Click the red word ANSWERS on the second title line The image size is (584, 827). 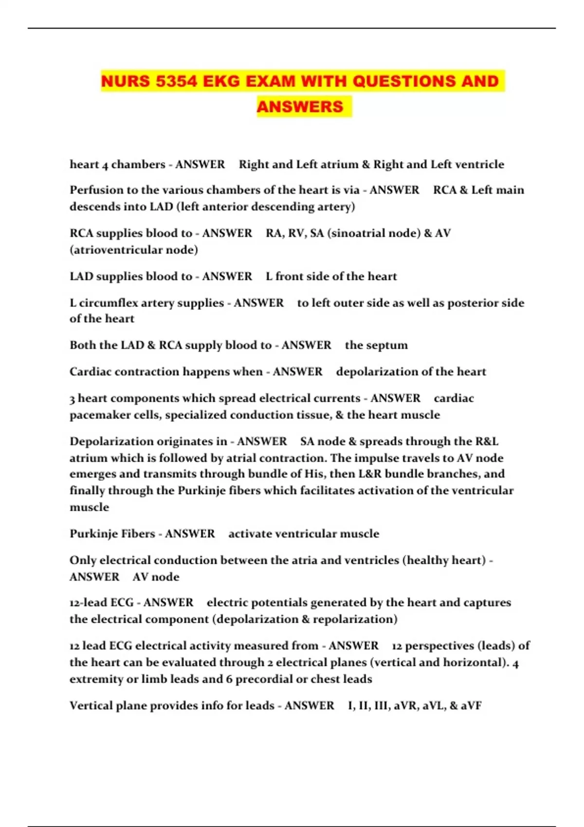[300, 107]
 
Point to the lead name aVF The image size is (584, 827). [471, 705]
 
